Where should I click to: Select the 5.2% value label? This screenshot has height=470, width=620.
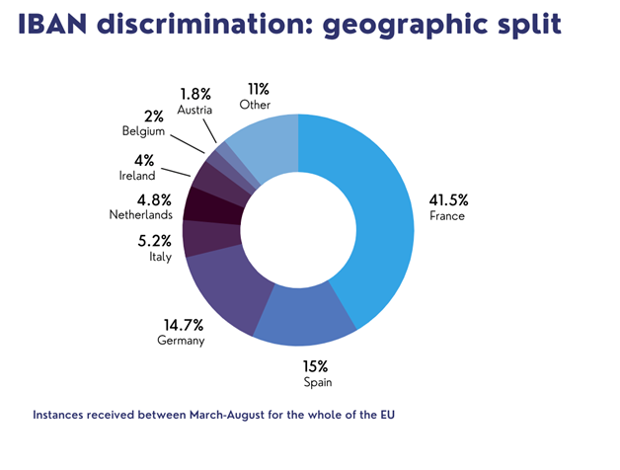tap(156, 239)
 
